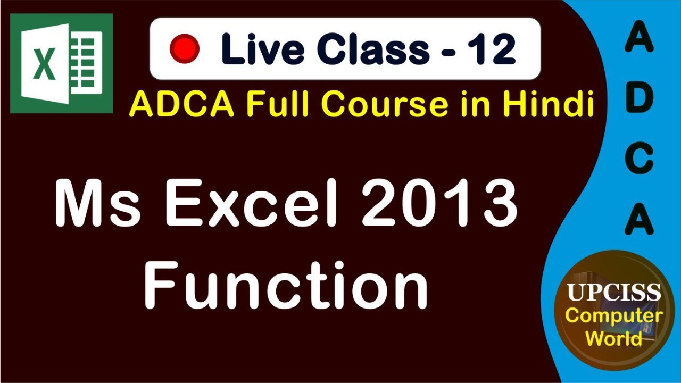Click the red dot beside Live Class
coord(184,48)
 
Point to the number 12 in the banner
coord(491,48)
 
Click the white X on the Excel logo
coord(43,64)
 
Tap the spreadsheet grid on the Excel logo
coord(85,64)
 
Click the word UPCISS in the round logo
coord(613,293)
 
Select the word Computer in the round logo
coord(613,316)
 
